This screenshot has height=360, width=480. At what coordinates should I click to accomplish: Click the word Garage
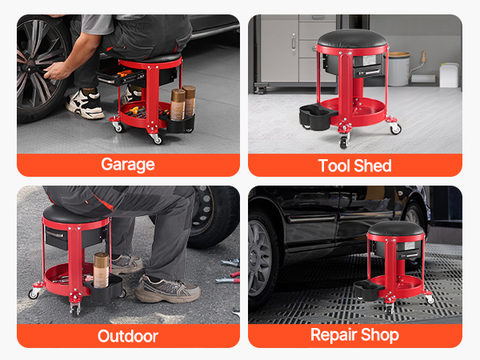pos(128,165)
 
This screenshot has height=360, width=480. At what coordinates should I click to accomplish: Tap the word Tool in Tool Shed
pos(334,166)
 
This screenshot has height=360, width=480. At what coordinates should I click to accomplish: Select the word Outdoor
pos(128,336)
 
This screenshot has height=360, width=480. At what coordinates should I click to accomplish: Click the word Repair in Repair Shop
pos(334,335)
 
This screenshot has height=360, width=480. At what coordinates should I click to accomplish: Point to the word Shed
pos(373,166)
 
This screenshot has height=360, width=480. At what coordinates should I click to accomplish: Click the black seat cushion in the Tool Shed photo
pos(352,39)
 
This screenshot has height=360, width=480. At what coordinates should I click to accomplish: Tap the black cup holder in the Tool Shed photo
pos(317,117)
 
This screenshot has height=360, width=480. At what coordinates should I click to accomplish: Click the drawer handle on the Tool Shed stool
pos(368,73)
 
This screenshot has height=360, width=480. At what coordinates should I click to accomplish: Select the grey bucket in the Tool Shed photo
pos(398,69)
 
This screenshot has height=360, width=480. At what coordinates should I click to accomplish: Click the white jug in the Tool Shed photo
pos(449,75)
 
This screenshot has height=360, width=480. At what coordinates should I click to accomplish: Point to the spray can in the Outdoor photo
pos(101,270)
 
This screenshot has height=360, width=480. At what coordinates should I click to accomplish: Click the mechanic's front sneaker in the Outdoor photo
pos(167,290)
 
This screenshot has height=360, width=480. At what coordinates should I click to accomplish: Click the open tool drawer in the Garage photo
pos(122,76)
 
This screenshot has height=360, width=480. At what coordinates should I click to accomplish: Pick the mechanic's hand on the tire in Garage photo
pos(58,70)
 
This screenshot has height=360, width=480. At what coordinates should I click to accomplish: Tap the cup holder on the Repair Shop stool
pos(369,290)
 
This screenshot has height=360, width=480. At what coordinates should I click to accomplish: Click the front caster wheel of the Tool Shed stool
pos(343,142)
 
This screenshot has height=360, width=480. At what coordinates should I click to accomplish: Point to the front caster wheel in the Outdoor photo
pos(74,310)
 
